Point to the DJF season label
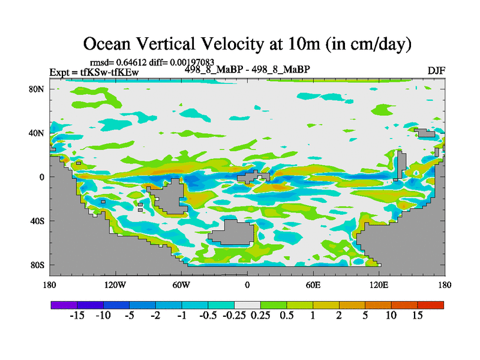[436, 71]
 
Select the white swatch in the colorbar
[247, 305]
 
